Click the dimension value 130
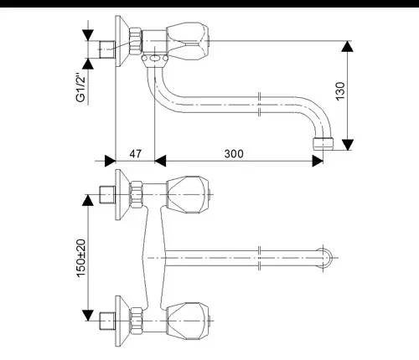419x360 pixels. click(x=340, y=91)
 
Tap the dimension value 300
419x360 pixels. click(x=234, y=154)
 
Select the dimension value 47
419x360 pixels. click(x=136, y=154)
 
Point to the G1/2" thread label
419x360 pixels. click(x=80, y=87)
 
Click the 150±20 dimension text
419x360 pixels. click(x=81, y=258)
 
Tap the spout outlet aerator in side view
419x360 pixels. click(x=323, y=143)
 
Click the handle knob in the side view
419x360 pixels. click(x=188, y=41)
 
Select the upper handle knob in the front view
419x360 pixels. click(x=188, y=195)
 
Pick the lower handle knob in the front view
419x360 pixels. click(x=188, y=321)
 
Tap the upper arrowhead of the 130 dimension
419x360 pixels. click(x=347, y=46)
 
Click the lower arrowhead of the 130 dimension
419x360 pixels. click(x=348, y=145)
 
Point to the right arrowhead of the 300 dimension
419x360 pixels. click(x=318, y=161)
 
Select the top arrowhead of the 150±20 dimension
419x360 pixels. click(x=88, y=200)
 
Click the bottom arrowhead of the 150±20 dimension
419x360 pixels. click(x=88, y=316)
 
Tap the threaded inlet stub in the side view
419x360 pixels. click(x=107, y=49)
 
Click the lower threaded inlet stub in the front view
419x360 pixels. click(x=107, y=321)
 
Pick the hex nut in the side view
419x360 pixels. click(x=136, y=41)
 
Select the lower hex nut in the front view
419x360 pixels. click(x=137, y=321)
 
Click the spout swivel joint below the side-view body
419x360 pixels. click(x=154, y=59)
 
